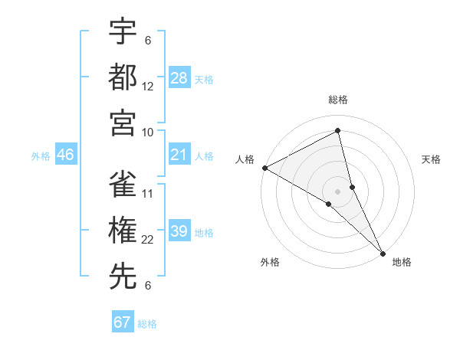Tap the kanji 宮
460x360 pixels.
[x=123, y=123]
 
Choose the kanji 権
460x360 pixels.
[x=123, y=231]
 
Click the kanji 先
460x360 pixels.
[x=123, y=277]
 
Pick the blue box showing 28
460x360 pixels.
[x=179, y=77]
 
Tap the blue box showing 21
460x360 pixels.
[x=179, y=155]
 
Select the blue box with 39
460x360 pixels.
[x=179, y=232]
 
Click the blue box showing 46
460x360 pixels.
[x=65, y=155]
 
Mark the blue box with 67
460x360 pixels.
[x=123, y=322]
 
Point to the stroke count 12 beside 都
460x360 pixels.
[x=149, y=87]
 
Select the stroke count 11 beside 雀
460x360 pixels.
[x=149, y=194]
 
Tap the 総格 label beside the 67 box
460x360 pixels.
[x=147, y=324]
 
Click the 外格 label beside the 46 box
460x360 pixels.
[x=41, y=156]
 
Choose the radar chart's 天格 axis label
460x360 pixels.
[x=431, y=159]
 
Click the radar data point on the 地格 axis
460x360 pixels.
[x=382, y=252]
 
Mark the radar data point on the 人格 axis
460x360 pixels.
[x=264, y=167]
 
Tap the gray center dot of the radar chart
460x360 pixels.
[x=337, y=190]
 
